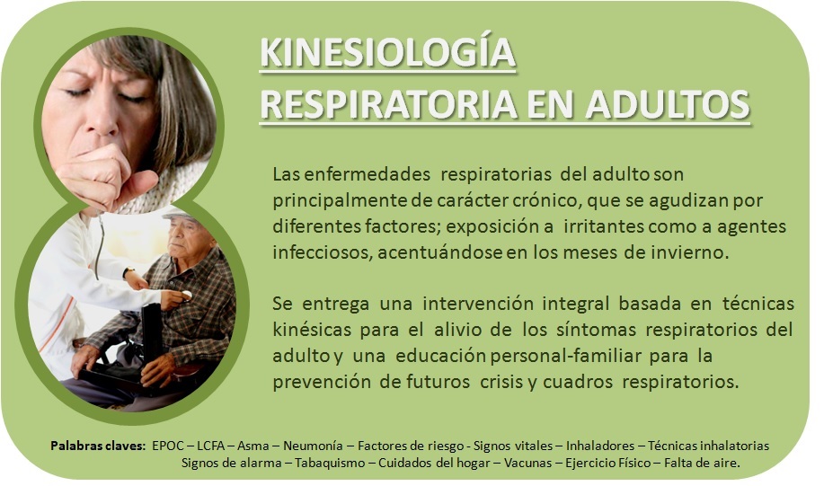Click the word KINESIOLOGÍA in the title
pyautogui.click(x=388, y=52)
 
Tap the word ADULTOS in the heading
pyautogui.click(x=668, y=104)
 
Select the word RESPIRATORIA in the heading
pyautogui.click(x=389, y=104)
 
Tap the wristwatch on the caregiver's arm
pyautogui.click(x=128, y=272)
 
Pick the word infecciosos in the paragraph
pyautogui.click(x=323, y=252)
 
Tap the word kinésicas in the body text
pyautogui.click(x=312, y=331)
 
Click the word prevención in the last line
pyautogui.click(x=321, y=383)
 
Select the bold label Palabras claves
pyautogui.click(x=98, y=446)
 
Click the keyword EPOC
pyautogui.click(x=168, y=446)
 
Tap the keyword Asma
pyautogui.click(x=253, y=446)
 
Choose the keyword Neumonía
pyautogui.click(x=314, y=446)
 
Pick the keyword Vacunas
pyautogui.click(x=528, y=464)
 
